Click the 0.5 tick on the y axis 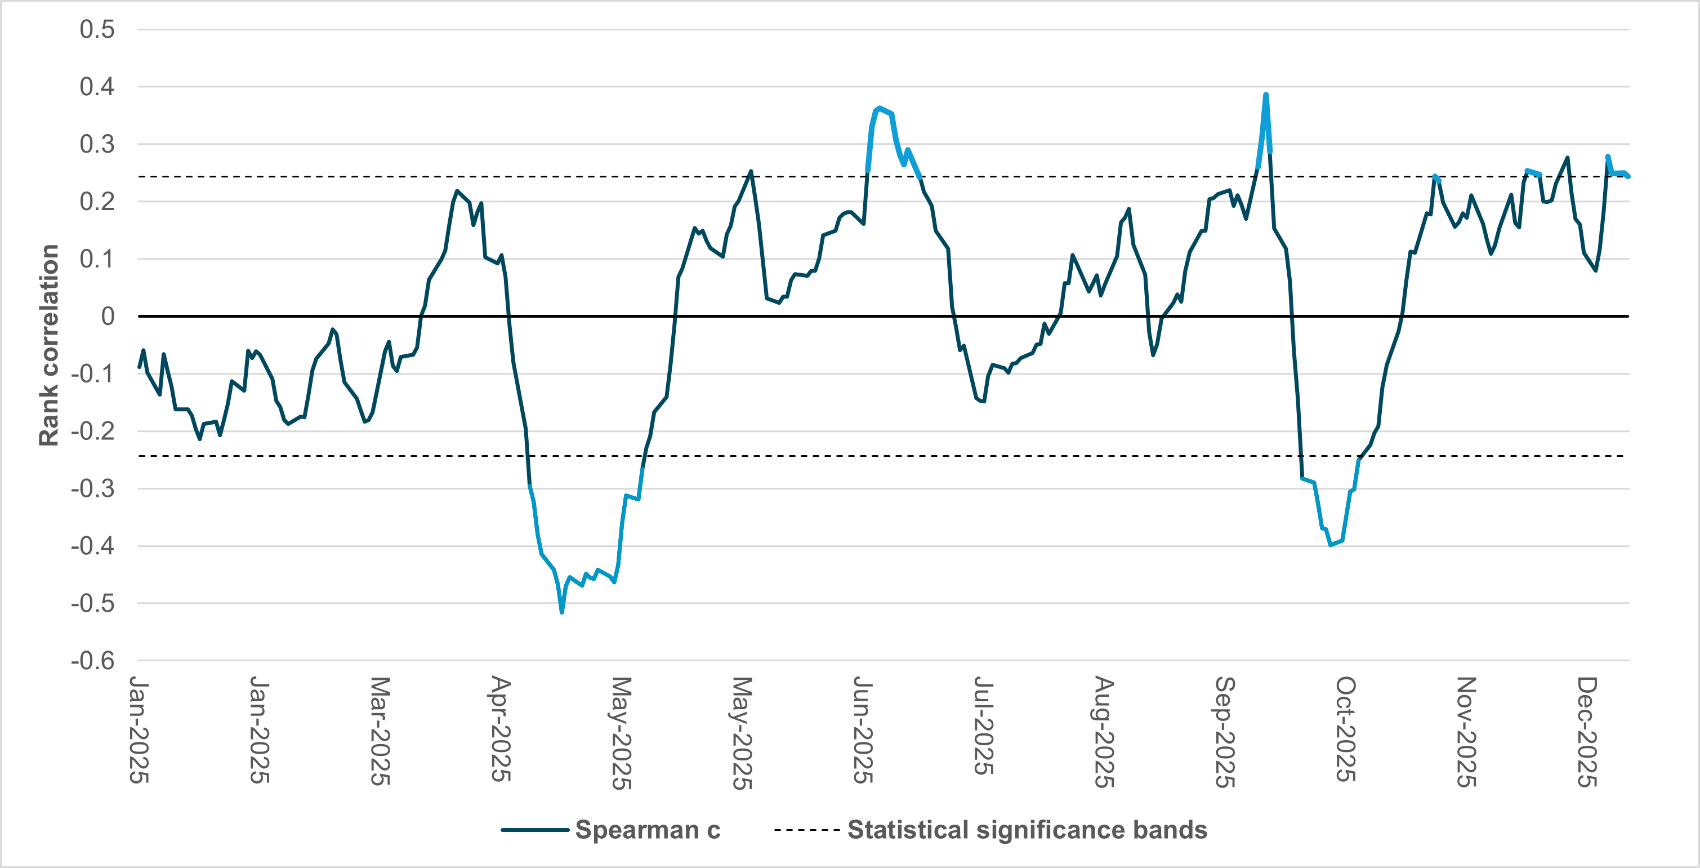(x=97, y=30)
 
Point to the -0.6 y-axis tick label (x=93, y=661)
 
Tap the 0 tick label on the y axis (x=108, y=317)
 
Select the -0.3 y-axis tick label (x=93, y=489)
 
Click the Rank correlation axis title (x=49, y=345)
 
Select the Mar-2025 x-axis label (x=380, y=731)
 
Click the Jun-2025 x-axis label (x=863, y=729)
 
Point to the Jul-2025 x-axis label (x=983, y=725)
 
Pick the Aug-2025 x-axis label (x=1104, y=731)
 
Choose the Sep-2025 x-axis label (x=1225, y=731)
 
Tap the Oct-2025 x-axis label (x=1346, y=729)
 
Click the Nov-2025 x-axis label (x=1466, y=731)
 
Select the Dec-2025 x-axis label (x=1587, y=731)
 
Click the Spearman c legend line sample (x=534, y=830)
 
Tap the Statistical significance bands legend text (x=1027, y=830)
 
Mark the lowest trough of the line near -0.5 (x=561, y=612)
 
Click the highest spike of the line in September (x=1266, y=95)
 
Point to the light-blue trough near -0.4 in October (x=1331, y=545)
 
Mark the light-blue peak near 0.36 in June (x=880, y=108)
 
